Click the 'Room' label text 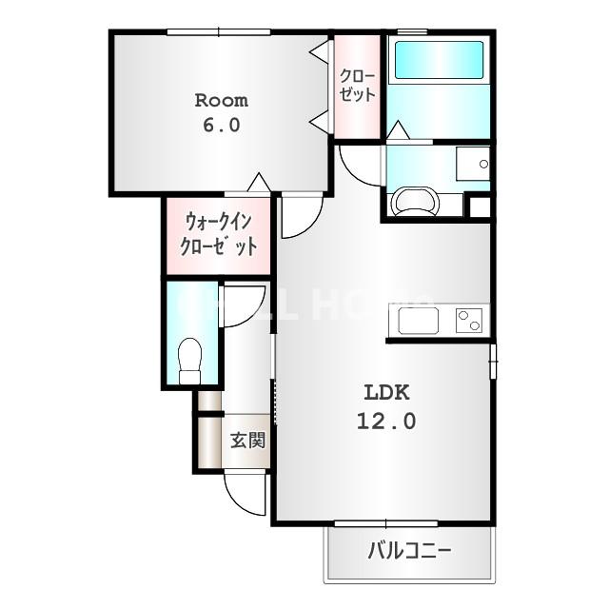point(221,100)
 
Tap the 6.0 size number point(221,125)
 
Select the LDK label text point(386,392)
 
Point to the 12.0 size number point(386,420)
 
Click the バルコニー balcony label point(409,551)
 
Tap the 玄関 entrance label point(247,441)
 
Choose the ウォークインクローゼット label point(220,235)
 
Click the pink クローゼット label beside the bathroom point(358,85)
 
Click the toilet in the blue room point(190,360)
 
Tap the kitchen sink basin point(418,321)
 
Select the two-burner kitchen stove point(469,320)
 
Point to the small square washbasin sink point(472,164)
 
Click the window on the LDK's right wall point(493,363)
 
